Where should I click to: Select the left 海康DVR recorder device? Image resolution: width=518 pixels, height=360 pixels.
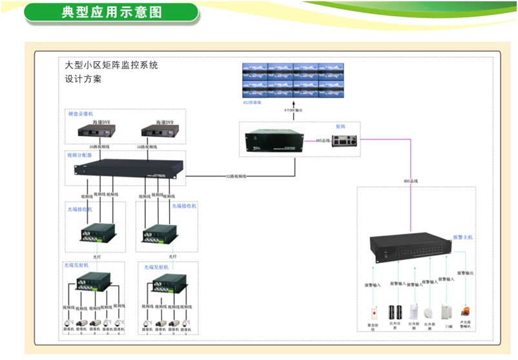click(x=101, y=131)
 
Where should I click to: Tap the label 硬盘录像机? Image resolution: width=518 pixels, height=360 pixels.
click(x=81, y=114)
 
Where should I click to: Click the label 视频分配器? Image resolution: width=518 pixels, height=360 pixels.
click(x=79, y=155)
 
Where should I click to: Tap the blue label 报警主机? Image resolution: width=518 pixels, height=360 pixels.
click(x=462, y=237)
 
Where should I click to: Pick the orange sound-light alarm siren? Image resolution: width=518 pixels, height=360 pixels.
click(x=464, y=313)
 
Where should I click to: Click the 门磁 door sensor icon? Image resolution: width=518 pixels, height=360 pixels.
click(x=446, y=312)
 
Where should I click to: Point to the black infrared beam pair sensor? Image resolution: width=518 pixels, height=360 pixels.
click(x=395, y=312)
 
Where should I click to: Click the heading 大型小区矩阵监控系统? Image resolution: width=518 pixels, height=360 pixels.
click(x=112, y=65)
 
